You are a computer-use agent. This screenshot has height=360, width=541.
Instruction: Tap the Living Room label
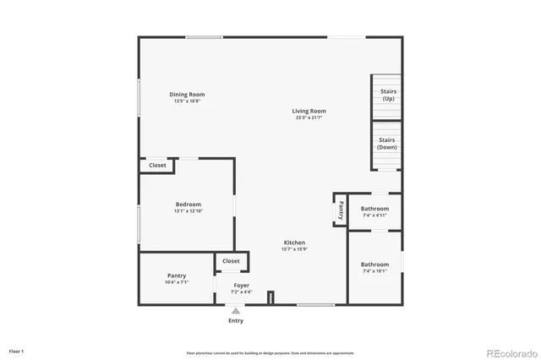coord(309,111)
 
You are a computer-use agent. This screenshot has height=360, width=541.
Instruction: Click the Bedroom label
coord(189,205)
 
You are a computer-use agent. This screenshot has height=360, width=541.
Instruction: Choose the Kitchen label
coord(294,243)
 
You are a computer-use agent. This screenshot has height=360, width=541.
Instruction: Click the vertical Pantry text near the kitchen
coord(341,209)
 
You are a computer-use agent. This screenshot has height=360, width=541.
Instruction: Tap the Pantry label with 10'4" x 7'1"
coord(177,275)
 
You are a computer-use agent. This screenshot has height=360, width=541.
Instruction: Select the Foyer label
coord(241,286)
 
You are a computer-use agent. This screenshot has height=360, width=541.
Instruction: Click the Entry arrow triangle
coord(236,310)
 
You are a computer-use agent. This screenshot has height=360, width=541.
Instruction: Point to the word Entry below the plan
coord(236,320)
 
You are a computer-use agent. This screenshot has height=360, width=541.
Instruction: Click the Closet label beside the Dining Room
coord(158,166)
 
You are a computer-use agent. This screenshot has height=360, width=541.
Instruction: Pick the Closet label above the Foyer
coord(232,261)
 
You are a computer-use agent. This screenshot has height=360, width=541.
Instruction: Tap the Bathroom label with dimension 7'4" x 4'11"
coord(374,209)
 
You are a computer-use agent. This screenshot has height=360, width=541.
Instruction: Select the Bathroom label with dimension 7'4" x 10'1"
coord(374,265)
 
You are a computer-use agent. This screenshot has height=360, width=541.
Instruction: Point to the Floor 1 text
coord(17,350)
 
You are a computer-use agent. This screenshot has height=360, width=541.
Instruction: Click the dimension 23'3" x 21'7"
coord(309,118)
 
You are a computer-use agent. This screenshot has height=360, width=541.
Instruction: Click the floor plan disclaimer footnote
coord(270,352)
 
